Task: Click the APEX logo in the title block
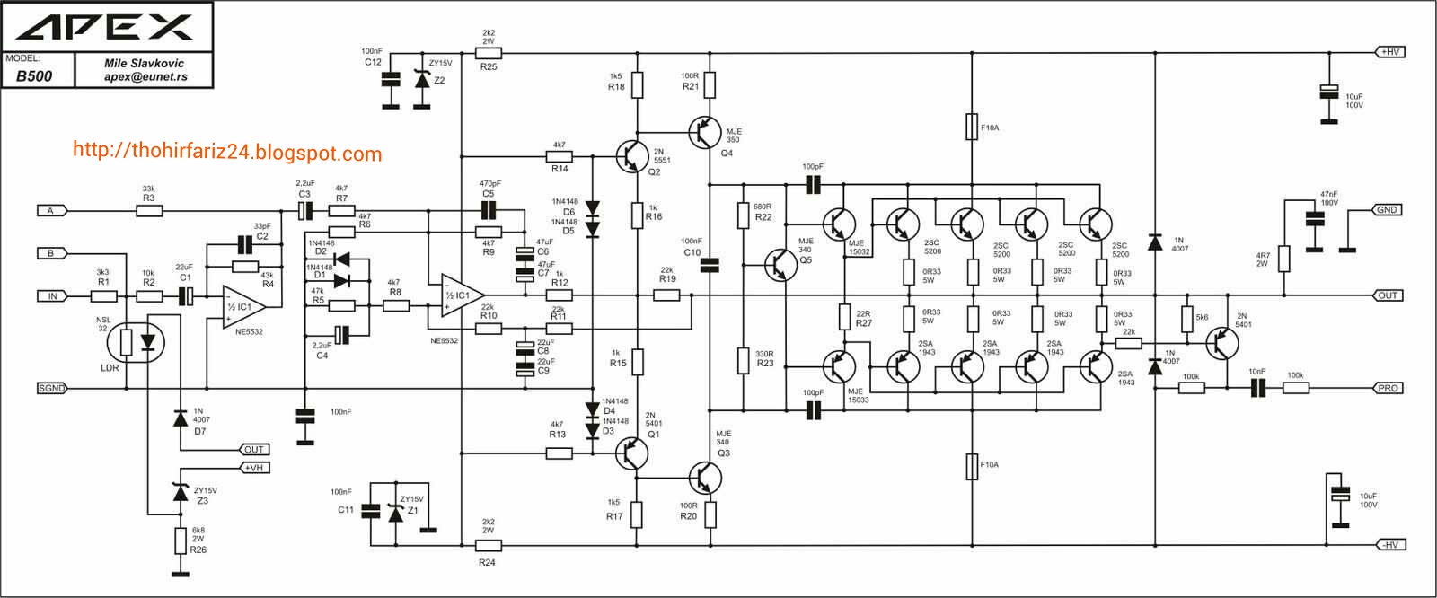[105, 28]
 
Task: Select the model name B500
[34, 76]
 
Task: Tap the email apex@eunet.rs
[145, 77]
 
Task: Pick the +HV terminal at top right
[1389, 52]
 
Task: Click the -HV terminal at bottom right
[1389, 545]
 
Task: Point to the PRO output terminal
[1389, 388]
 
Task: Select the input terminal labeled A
[51, 211]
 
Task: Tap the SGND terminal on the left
[51, 388]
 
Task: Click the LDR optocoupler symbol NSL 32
[137, 341]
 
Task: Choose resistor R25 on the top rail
[489, 54]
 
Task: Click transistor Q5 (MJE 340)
[780, 265]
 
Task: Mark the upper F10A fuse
[972, 127]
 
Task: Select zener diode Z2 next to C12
[422, 80]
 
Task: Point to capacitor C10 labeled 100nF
[710, 264]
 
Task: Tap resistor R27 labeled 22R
[844, 316]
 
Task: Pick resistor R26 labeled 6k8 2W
[181, 541]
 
